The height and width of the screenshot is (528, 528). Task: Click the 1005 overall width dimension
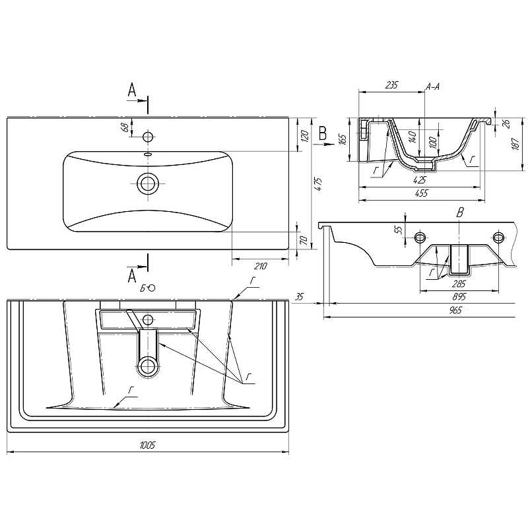[147, 445]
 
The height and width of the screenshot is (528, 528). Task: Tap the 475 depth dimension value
[318, 184]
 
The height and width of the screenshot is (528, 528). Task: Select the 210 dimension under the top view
[260, 267]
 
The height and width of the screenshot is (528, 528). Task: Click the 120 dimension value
[304, 136]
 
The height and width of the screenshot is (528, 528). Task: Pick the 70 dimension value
[304, 240]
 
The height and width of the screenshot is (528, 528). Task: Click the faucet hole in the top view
[148, 137]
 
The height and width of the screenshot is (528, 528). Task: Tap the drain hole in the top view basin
[147, 184]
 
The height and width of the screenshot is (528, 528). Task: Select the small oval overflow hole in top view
[148, 154]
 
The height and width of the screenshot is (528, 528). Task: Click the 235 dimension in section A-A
[391, 85]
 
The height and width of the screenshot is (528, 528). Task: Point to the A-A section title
[433, 87]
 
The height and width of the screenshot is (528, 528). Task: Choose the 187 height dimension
[516, 144]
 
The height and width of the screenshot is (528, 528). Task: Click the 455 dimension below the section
[422, 193]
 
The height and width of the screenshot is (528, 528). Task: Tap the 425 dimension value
[420, 180]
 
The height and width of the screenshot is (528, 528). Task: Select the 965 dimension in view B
[455, 310]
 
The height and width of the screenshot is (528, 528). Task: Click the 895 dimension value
[459, 296]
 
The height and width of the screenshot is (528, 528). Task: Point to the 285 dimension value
[459, 284]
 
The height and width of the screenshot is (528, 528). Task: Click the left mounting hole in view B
[420, 238]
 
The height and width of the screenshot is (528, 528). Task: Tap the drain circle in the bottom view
[148, 366]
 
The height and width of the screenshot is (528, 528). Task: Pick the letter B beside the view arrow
[323, 133]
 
